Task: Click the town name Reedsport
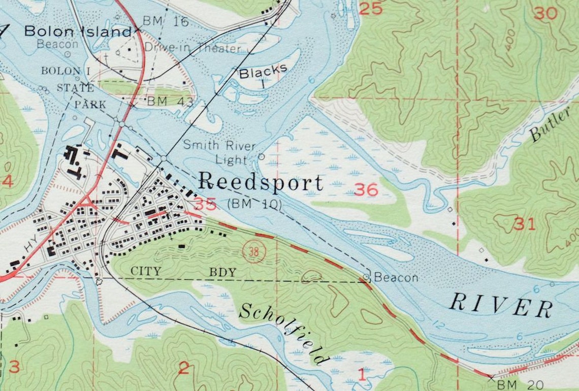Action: coord(260,182)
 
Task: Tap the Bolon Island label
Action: coord(78,31)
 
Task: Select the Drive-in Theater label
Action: coord(192,48)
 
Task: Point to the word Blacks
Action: coord(263,72)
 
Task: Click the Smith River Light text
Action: coord(219,152)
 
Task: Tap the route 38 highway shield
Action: coord(253,251)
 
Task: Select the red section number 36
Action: coord(366,190)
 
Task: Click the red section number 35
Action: coord(205,204)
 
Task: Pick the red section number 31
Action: coord(524,223)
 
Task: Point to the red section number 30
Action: coord(545,13)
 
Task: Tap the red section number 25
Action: coord(371,8)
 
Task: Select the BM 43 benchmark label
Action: coord(170,102)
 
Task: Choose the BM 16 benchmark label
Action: coord(165,21)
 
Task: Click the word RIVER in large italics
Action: coord(501,305)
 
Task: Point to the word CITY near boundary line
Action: coord(146,272)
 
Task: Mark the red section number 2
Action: coord(183,368)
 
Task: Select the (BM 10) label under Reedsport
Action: coord(254,204)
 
